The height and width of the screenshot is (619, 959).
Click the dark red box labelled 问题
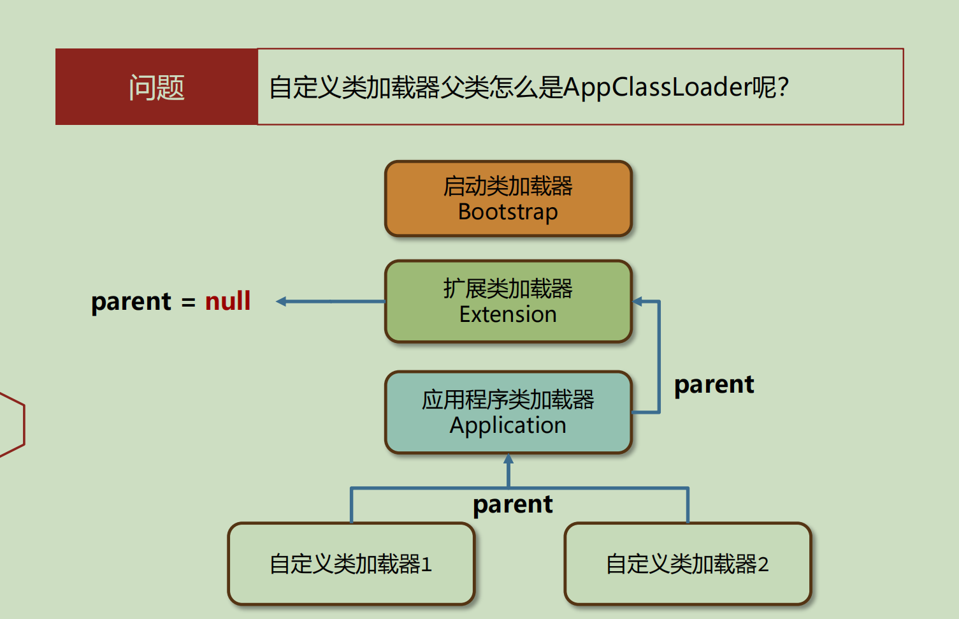click(157, 87)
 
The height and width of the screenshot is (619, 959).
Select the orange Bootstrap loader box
click(508, 198)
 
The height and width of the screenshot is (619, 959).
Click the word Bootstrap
click(508, 212)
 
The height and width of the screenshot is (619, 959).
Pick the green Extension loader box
click(508, 301)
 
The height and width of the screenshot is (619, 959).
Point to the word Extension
click(508, 314)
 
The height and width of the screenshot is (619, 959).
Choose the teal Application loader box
click(508, 412)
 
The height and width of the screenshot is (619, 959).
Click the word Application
click(508, 426)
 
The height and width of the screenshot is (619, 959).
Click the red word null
click(227, 301)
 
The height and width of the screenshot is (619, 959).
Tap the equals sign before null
click(189, 302)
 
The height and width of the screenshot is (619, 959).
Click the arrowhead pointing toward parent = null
click(281, 302)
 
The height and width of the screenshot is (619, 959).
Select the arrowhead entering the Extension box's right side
click(637, 302)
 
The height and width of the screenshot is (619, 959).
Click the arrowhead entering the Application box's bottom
click(508, 458)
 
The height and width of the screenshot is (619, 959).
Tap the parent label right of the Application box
click(714, 385)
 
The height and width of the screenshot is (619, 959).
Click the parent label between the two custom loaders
click(512, 505)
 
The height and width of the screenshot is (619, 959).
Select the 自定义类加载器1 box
click(352, 564)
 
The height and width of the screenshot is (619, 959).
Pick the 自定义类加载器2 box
click(688, 564)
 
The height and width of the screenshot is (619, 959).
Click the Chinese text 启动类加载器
click(508, 186)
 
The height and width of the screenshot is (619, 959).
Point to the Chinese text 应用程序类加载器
click(508, 400)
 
